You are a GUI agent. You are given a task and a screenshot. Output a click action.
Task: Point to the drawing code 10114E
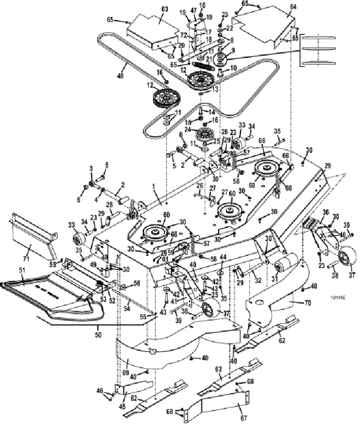334,297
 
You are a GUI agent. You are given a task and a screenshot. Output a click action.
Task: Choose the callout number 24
188,130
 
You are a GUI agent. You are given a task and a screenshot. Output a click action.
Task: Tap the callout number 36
326,211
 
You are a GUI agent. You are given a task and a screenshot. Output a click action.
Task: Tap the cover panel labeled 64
262,28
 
